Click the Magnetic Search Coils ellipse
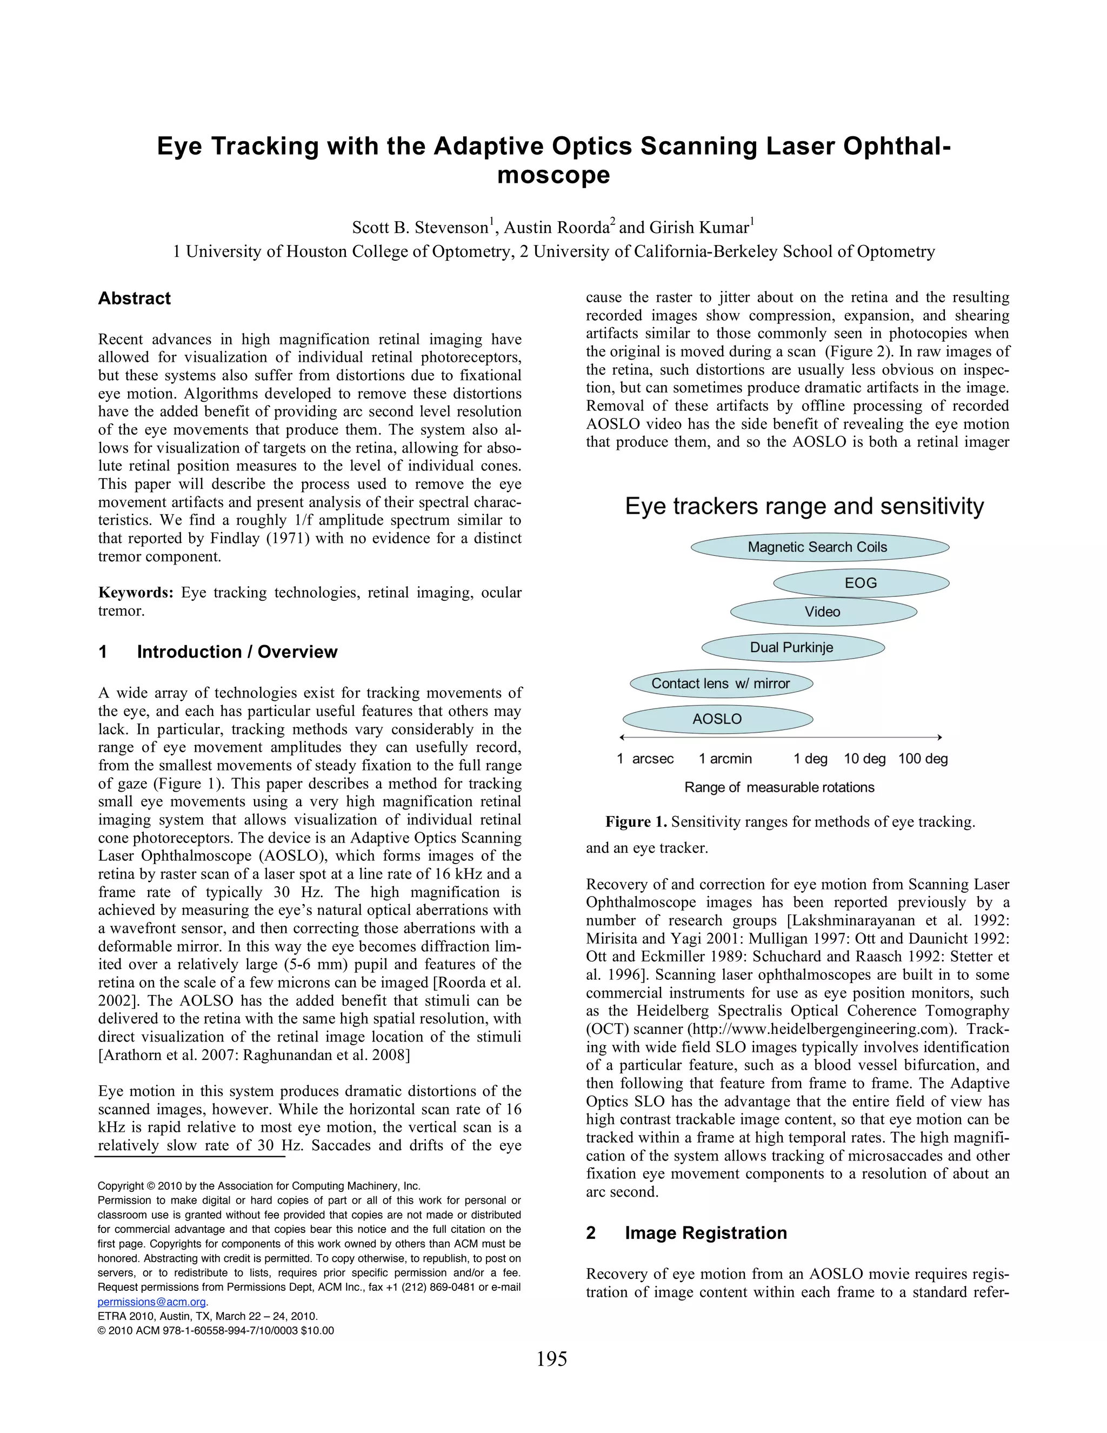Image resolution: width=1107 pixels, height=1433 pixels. coord(820,547)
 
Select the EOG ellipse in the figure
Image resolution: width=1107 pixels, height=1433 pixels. coord(861,582)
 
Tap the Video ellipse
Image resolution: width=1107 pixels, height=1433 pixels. coord(823,612)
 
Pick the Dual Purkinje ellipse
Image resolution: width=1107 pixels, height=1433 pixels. coord(792,648)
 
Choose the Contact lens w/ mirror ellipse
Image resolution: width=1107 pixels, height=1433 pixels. coord(721,684)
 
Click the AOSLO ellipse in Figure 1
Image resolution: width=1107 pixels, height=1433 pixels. coord(717,719)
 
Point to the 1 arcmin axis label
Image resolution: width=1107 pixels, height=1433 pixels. coord(725,759)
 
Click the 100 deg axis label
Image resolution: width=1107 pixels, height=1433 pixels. coord(923,759)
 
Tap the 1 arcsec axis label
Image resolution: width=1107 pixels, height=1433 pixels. coord(645,759)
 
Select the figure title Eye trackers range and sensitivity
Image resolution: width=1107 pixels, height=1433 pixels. coord(804,507)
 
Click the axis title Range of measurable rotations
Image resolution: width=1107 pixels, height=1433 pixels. coord(779,787)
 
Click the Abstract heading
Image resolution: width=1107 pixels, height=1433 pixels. coord(135,298)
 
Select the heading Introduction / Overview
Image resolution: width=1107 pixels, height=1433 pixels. coord(237,652)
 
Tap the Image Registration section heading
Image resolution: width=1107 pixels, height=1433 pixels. coord(705,1233)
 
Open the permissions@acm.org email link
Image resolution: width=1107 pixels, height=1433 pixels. coord(151,1302)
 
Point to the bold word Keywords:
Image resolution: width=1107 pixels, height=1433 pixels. coord(136,593)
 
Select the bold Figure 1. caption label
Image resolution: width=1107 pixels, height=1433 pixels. coord(636,822)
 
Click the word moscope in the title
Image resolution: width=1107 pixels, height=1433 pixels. coord(553,175)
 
